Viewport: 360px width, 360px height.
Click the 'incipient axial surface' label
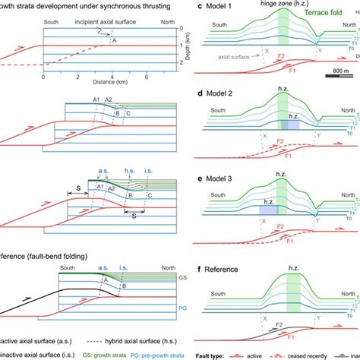[x=97, y=23]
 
